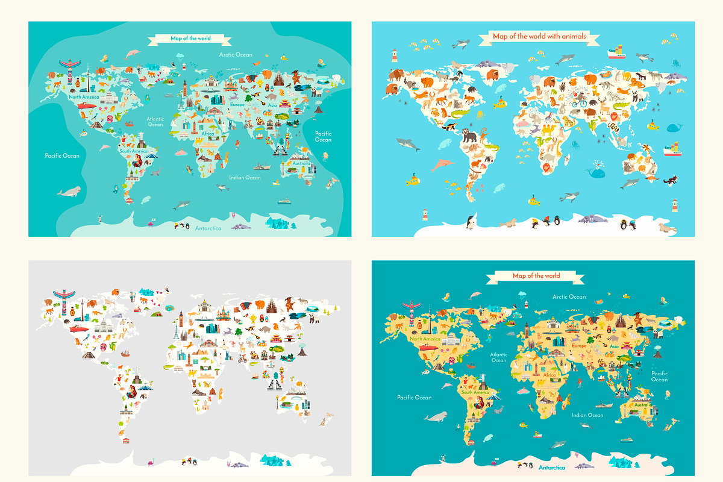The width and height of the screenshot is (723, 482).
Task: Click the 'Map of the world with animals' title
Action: click(539, 36)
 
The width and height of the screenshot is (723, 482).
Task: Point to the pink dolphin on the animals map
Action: click(445, 163)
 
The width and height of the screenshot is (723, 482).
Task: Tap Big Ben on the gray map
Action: click(180, 319)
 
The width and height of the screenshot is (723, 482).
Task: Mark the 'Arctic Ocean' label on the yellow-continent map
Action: click(569, 296)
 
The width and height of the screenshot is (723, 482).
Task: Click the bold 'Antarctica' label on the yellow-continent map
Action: click(552, 467)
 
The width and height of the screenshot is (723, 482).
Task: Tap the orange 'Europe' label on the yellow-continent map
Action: click(579, 346)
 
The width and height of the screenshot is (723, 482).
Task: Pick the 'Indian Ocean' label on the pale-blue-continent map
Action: click(245, 177)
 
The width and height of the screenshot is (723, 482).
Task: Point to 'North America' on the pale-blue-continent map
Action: click(83, 97)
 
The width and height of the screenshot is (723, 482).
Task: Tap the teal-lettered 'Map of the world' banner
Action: click(190, 39)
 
